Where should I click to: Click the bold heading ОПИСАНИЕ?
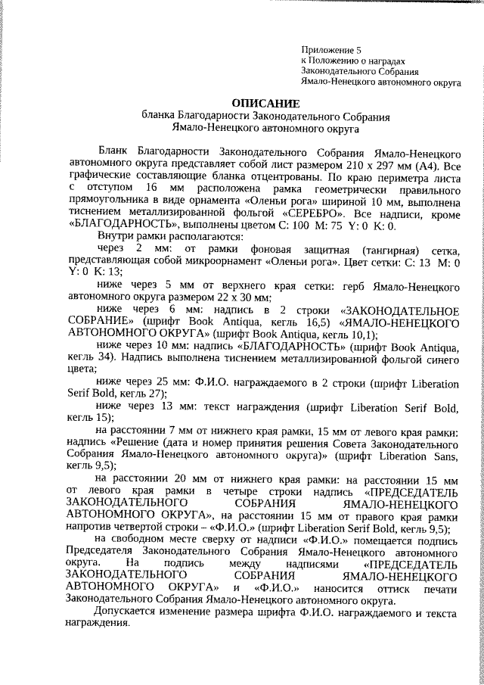(265, 103)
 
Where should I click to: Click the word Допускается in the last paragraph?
(127, 612)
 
